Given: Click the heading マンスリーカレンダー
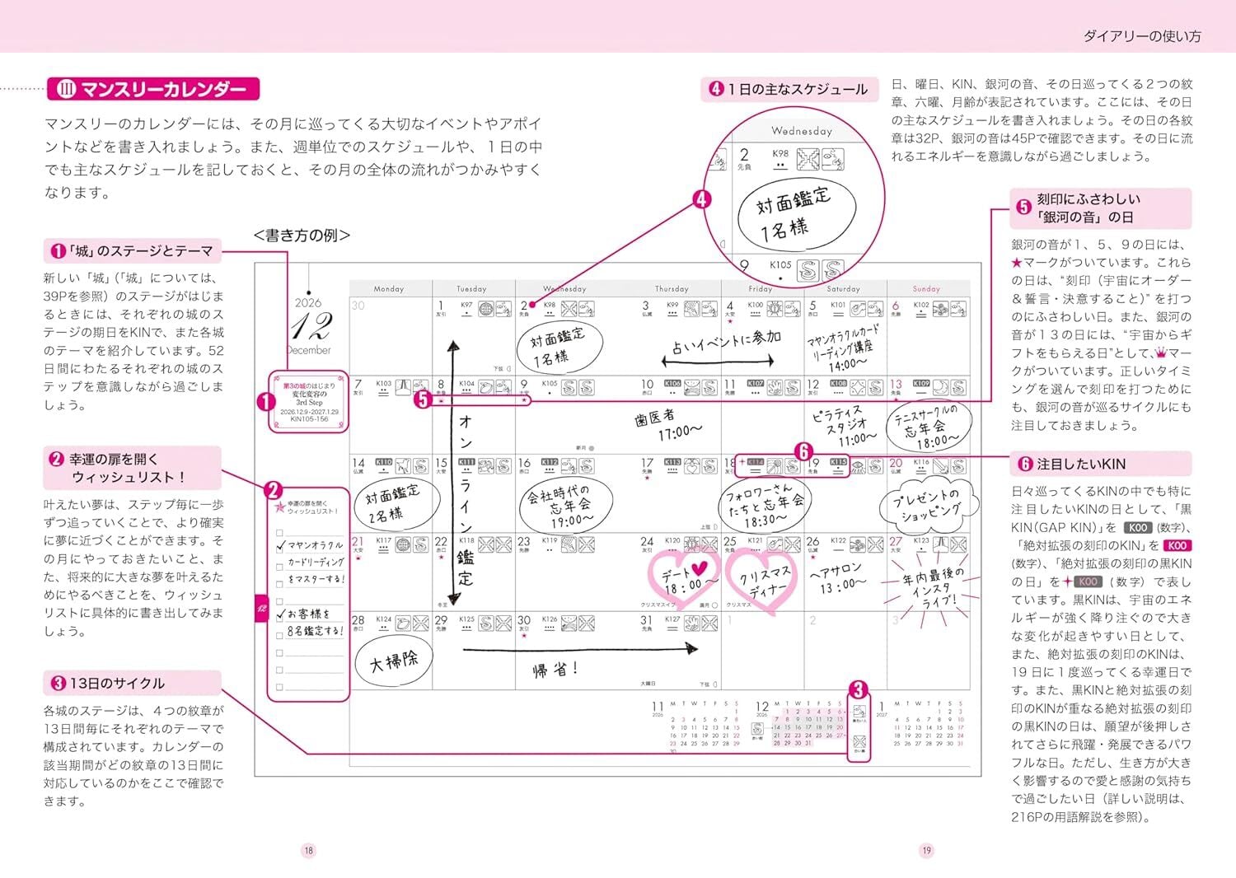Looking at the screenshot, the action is tap(154, 89).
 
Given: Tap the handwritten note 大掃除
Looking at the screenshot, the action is tap(393, 660).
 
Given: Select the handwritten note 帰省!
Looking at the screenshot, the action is tap(555, 670).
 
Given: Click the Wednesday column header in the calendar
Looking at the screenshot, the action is tap(564, 288).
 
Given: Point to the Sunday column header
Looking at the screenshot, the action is tap(926, 288).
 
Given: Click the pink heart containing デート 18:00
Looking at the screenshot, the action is tap(684, 578).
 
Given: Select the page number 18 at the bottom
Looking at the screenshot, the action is tap(308, 851).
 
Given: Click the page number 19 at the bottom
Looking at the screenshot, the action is tap(927, 851).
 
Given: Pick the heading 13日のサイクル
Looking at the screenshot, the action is tap(117, 683).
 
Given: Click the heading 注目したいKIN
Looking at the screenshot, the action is tap(1070, 464).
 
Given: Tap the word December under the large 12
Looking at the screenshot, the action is tap(309, 350).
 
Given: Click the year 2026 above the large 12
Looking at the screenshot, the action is tap(309, 302).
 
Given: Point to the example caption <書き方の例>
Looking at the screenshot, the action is tap(302, 236).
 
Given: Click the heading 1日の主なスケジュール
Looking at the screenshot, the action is tap(796, 89).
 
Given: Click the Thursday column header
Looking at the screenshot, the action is tap(672, 288).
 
